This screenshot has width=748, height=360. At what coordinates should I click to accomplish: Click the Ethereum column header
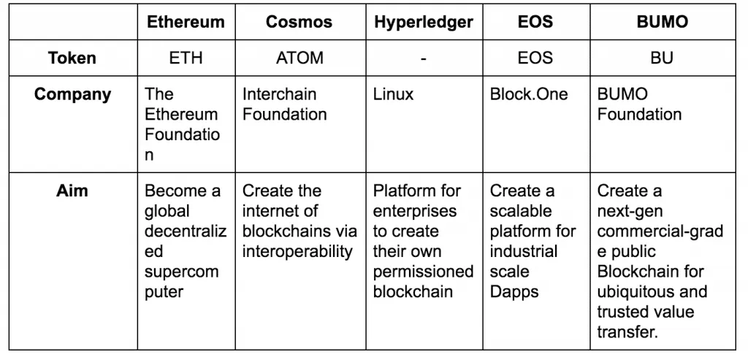(x=186, y=22)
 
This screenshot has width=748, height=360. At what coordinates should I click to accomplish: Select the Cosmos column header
(x=299, y=22)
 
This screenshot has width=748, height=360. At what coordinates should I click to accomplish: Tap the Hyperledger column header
(x=424, y=23)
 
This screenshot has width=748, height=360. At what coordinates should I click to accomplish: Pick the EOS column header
(x=535, y=22)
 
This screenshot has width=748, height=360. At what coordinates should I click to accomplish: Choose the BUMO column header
(x=662, y=22)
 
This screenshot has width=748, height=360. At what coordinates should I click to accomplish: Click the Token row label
(x=72, y=58)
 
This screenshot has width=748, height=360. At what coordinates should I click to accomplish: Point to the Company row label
(x=72, y=94)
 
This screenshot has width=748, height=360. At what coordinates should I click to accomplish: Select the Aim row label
(x=72, y=191)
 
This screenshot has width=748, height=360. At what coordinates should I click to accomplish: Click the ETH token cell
(x=186, y=58)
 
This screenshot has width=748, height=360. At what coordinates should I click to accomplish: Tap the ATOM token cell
(x=299, y=58)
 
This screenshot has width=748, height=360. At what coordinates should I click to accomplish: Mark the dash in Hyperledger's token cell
(x=424, y=58)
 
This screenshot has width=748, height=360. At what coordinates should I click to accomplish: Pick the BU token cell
(x=662, y=58)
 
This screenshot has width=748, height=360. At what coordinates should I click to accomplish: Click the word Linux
(x=393, y=94)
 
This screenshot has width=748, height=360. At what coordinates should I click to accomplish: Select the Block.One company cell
(x=529, y=94)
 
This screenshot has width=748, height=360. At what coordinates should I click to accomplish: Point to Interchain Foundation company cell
(x=285, y=104)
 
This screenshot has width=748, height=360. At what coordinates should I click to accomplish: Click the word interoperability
(x=297, y=252)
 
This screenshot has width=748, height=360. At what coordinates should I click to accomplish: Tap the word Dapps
(x=514, y=292)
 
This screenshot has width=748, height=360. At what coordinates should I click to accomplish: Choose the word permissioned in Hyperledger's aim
(x=423, y=272)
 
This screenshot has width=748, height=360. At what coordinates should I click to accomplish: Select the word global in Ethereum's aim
(x=167, y=211)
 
